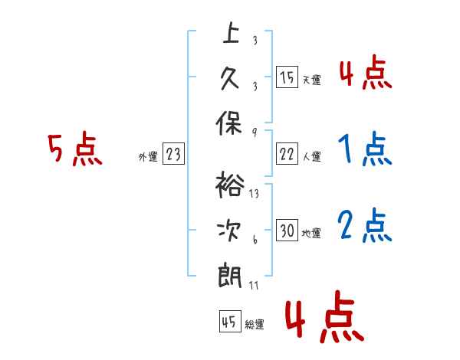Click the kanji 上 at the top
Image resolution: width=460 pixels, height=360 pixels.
click(x=231, y=33)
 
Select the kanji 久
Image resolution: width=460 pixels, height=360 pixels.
click(x=230, y=79)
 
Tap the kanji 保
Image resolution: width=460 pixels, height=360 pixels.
click(x=229, y=123)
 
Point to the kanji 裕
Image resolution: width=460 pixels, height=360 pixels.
click(x=230, y=185)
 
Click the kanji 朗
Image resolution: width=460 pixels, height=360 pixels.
click(x=230, y=277)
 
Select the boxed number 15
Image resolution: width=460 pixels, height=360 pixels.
click(x=287, y=77)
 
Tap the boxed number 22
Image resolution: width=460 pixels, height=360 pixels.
click(x=287, y=154)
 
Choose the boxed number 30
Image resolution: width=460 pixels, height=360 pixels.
click(x=287, y=230)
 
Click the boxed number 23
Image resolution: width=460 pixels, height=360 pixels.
click(x=173, y=153)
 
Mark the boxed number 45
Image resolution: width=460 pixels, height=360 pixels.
click(x=230, y=322)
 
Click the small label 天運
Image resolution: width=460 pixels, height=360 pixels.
click(x=312, y=80)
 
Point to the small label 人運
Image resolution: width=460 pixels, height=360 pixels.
click(x=312, y=156)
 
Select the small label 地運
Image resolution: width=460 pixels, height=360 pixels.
click(x=311, y=233)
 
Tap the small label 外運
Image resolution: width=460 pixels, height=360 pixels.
click(x=148, y=157)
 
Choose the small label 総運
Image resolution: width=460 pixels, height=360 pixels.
click(x=255, y=325)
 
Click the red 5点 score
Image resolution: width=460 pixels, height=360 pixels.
click(x=75, y=149)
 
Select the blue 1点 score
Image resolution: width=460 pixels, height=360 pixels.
click(x=365, y=149)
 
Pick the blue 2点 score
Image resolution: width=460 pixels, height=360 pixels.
click(x=365, y=225)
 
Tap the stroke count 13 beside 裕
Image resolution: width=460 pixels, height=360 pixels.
click(x=254, y=194)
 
